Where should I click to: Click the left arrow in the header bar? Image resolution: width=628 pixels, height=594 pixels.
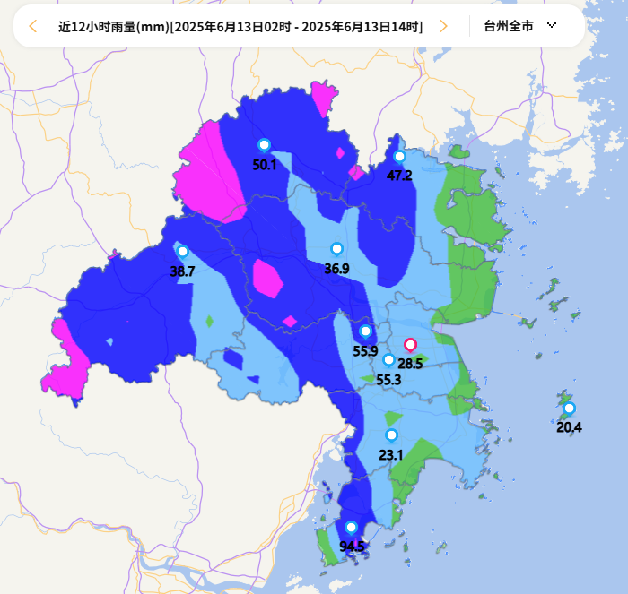(33, 26)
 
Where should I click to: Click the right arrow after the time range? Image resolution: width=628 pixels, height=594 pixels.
(443, 26)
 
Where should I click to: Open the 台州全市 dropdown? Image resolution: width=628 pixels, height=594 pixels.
(520, 26)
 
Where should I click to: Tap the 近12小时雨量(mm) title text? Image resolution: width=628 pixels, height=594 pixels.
(113, 26)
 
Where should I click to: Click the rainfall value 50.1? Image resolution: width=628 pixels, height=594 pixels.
(265, 165)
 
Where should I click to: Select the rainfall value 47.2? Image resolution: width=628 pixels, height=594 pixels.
(399, 176)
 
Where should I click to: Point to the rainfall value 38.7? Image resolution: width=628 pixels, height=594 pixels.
(182, 271)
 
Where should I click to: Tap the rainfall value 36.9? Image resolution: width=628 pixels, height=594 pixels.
(336, 268)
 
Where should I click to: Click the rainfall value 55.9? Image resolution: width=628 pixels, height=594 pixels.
(365, 351)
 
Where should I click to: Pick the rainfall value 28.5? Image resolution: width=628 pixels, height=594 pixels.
(410, 363)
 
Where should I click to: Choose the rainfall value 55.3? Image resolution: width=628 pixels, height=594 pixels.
(388, 380)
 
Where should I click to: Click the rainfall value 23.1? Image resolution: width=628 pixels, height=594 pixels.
(391, 455)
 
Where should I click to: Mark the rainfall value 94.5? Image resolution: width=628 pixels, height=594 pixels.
(352, 547)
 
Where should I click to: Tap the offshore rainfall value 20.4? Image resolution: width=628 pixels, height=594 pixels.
(569, 427)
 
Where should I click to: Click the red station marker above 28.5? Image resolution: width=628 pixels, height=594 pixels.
(410, 345)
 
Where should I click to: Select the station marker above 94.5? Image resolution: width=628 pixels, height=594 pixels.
(351, 528)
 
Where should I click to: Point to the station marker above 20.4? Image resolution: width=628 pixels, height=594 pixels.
(569, 409)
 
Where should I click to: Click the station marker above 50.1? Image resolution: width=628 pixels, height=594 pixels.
(264, 145)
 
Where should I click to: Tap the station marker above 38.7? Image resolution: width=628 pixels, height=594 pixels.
(182, 252)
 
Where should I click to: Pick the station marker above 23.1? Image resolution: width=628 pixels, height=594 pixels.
(391, 435)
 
